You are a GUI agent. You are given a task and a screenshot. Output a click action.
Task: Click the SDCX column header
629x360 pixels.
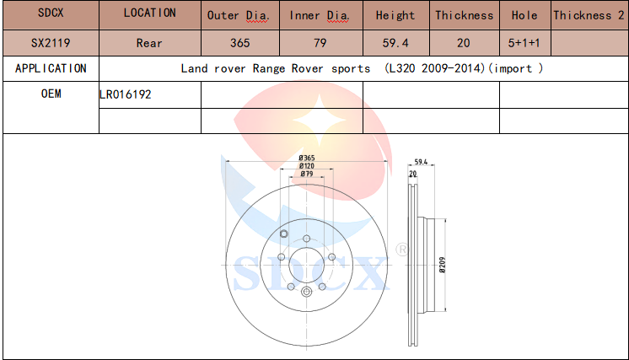pyautogui.click(x=51, y=13)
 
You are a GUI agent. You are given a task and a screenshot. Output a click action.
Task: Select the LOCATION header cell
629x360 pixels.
pyautogui.click(x=149, y=13)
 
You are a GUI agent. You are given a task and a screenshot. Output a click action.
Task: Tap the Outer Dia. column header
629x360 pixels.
pyautogui.click(x=238, y=16)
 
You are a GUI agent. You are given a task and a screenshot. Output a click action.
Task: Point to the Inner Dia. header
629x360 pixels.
pyautogui.click(x=320, y=16)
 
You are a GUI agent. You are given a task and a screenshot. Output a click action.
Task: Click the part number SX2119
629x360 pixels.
pyautogui.click(x=51, y=43)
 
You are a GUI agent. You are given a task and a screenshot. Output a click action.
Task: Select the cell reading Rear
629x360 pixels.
pyautogui.click(x=149, y=43)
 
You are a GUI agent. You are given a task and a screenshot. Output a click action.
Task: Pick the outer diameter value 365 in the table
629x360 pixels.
pyautogui.click(x=240, y=43)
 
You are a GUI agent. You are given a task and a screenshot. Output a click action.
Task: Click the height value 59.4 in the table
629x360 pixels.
pyautogui.click(x=395, y=43)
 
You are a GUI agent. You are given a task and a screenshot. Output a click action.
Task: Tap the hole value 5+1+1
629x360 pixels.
pyautogui.click(x=524, y=43)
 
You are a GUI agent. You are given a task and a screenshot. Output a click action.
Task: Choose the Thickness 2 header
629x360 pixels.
pyautogui.click(x=589, y=16)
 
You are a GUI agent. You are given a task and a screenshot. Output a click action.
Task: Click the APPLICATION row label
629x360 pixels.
pyautogui.click(x=51, y=68)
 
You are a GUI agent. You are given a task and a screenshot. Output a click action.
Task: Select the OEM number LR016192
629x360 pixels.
pyautogui.click(x=125, y=94)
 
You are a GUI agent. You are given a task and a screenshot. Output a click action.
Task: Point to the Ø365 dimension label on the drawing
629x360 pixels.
pyautogui.click(x=307, y=158)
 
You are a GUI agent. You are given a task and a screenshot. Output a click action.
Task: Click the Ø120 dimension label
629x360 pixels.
pyautogui.click(x=307, y=166)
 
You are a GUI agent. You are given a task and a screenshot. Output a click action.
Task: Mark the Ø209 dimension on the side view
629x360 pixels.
pyautogui.click(x=442, y=265)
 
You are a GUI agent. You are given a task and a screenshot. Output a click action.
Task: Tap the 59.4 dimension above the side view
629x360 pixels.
pyautogui.click(x=421, y=162)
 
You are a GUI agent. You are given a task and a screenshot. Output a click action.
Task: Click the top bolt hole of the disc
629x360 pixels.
pyautogui.click(x=306, y=239)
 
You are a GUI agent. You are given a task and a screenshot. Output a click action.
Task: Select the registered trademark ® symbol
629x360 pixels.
pyautogui.click(x=401, y=250)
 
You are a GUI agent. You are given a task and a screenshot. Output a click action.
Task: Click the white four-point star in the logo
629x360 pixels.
pyautogui.click(x=320, y=120)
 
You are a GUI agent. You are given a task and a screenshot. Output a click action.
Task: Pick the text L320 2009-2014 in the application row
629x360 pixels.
pyautogui.click(x=435, y=68)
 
